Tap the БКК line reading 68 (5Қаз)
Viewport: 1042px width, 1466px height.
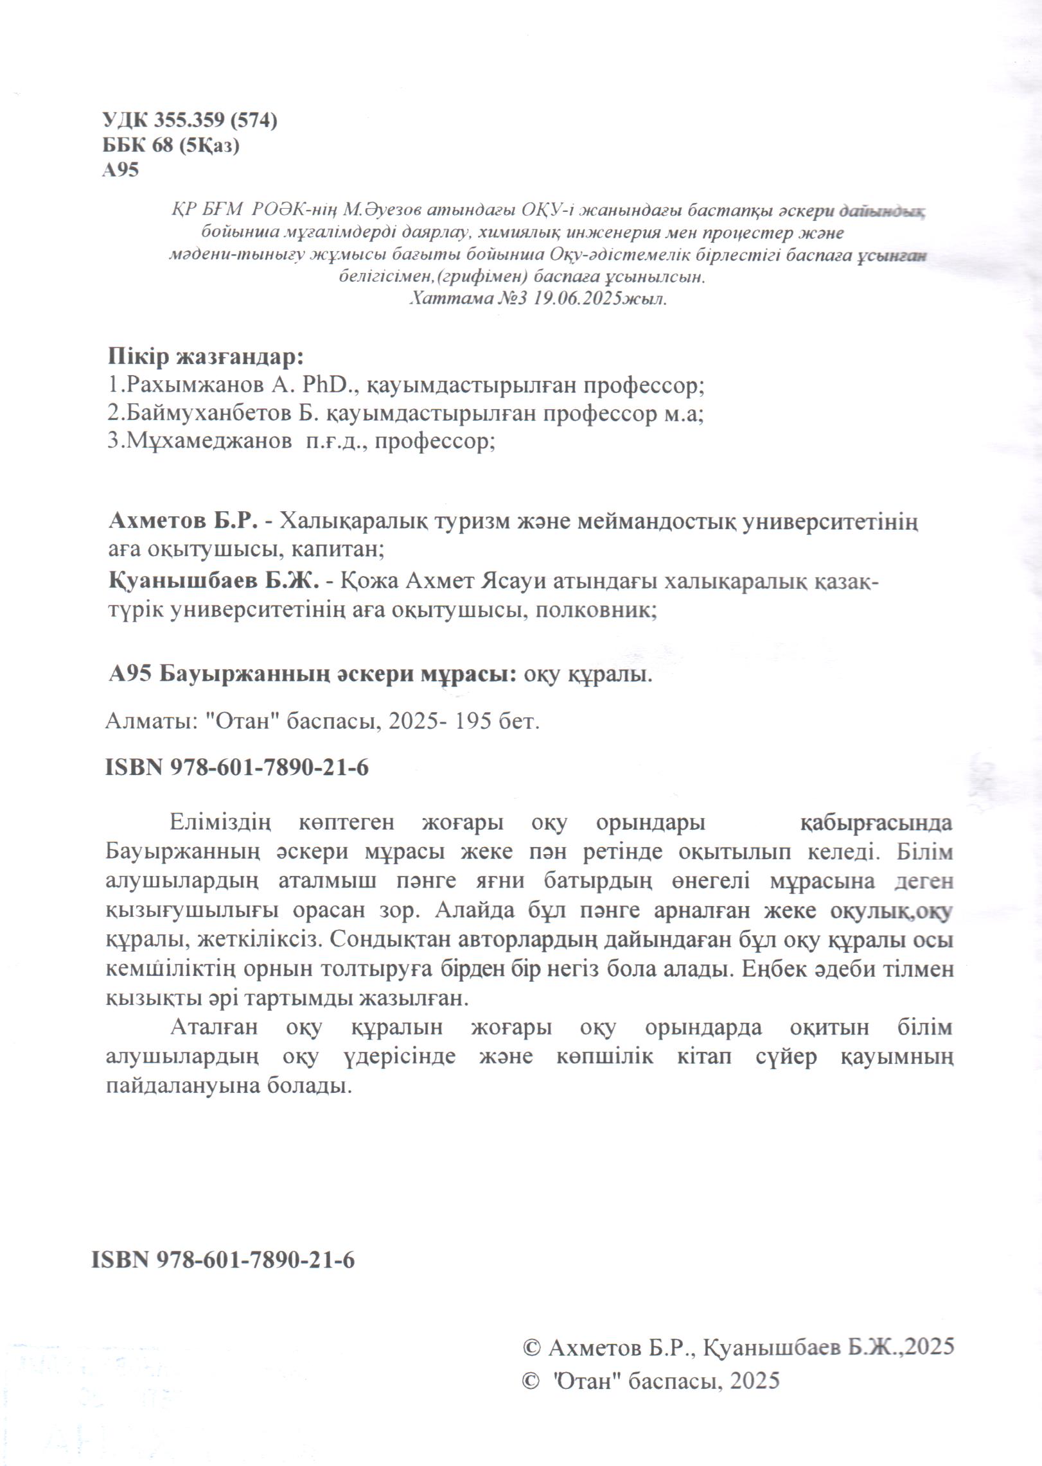click(170, 146)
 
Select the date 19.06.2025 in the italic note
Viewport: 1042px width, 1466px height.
click(571, 299)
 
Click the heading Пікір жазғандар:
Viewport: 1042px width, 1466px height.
click(206, 356)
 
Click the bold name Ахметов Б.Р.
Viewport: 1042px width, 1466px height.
click(184, 520)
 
